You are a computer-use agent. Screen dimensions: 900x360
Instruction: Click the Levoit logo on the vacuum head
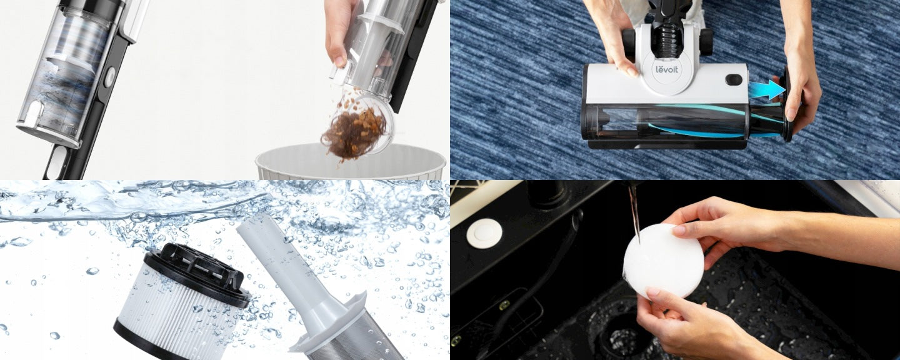[666, 69]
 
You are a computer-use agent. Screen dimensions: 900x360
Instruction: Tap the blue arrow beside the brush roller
[767, 89]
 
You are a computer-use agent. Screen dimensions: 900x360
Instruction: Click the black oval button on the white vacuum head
[734, 79]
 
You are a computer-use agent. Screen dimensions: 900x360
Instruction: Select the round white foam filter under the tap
[663, 261]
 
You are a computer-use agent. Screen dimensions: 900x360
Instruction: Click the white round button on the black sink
[484, 232]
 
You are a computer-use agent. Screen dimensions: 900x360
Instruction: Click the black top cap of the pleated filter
[197, 273]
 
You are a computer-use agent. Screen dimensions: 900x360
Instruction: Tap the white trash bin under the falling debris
[351, 162]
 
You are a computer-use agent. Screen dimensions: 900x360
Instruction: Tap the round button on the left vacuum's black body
[109, 77]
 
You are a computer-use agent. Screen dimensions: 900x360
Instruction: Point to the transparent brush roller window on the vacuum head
[665, 122]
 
